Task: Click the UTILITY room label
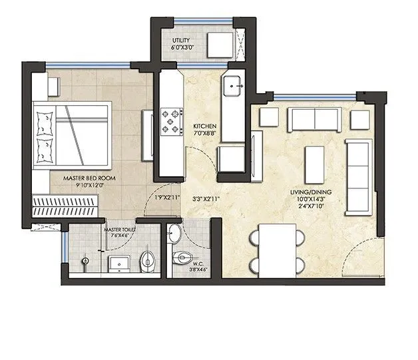pyautogui.click(x=181, y=41)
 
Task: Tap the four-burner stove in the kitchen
pyautogui.click(x=172, y=120)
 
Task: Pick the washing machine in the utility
pyautogui.click(x=219, y=45)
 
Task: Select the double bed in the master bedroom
pyautogui.click(x=72, y=134)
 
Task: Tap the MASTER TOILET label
pyautogui.click(x=120, y=228)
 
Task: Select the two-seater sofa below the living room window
pyautogui.click(x=313, y=119)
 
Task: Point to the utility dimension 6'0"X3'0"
pyautogui.click(x=181, y=49)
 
